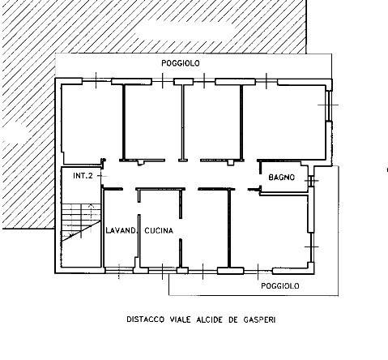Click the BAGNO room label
(281, 178)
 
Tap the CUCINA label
(159, 230)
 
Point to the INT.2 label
(83, 176)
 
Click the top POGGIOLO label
(181, 63)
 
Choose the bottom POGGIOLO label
(280, 286)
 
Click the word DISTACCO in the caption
(145, 319)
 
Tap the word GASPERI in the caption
(259, 319)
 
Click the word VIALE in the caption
(181, 319)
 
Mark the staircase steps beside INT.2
(81, 221)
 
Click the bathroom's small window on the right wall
(311, 181)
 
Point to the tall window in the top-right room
(329, 105)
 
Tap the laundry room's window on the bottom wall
(119, 270)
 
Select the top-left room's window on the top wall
(96, 80)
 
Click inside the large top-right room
(284, 122)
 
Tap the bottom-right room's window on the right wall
(311, 247)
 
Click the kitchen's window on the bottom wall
(163, 270)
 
